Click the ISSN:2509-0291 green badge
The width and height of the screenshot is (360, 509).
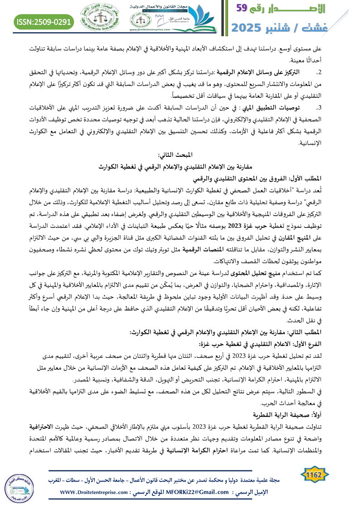tap(44, 21)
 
